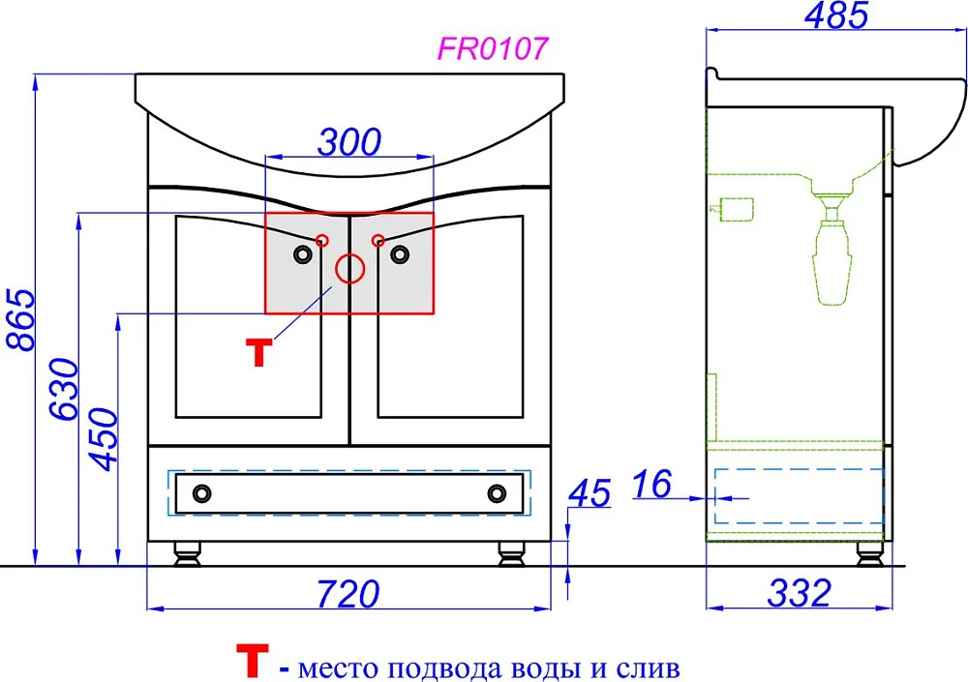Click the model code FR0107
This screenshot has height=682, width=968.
pyautogui.click(x=492, y=48)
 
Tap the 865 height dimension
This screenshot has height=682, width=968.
pyautogui.click(x=20, y=319)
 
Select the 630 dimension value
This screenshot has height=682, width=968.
pyautogui.click(x=64, y=389)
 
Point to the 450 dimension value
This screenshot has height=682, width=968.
pyautogui.click(x=103, y=438)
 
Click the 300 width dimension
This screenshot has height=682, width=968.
pyautogui.click(x=349, y=142)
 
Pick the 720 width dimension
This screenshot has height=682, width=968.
pyautogui.click(x=348, y=594)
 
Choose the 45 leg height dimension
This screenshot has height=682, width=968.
pyautogui.click(x=590, y=493)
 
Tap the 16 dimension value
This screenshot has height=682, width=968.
pyautogui.click(x=651, y=484)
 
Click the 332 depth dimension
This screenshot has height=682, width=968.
pyautogui.click(x=799, y=593)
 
